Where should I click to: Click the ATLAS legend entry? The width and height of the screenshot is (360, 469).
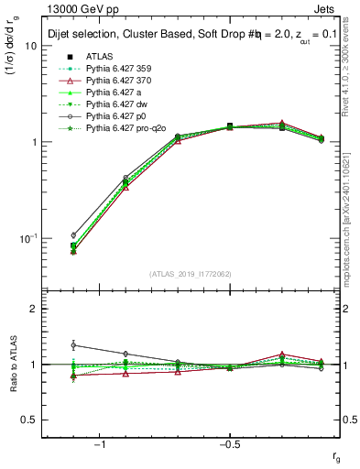[100, 56]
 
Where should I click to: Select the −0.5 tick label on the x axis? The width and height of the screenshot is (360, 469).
[227, 443]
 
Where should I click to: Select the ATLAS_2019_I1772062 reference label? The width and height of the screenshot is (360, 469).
[191, 273]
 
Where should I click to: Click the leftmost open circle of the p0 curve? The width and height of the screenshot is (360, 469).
[73, 235]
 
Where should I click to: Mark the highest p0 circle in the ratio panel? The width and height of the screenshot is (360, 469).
[73, 344]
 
